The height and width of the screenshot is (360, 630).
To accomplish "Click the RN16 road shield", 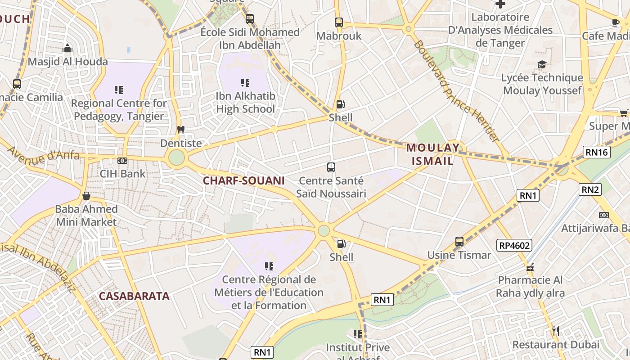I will [x=597, y=152].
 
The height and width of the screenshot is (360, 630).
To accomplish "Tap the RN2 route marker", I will [x=589, y=189].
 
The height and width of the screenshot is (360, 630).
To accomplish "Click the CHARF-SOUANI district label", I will [x=243, y=181].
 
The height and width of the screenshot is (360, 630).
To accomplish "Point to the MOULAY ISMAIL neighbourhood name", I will [x=432, y=154].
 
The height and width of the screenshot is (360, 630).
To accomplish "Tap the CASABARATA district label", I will [x=134, y=296].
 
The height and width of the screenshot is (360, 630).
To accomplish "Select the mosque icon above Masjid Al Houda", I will [x=67, y=48].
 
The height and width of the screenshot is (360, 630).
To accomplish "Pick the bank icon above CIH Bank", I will [x=122, y=161].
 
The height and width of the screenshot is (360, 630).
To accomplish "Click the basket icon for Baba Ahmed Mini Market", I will [x=86, y=196].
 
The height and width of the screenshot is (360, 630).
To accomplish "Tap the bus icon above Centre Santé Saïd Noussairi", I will [x=331, y=167].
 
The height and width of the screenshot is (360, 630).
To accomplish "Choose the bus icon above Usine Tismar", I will [x=459, y=242].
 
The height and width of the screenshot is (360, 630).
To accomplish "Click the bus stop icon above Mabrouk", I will [x=339, y=22].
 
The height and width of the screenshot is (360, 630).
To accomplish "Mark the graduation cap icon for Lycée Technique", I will [x=542, y=65].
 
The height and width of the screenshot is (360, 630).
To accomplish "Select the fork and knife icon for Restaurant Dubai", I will [x=555, y=331].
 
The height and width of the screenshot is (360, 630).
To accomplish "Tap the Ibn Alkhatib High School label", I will [x=245, y=103].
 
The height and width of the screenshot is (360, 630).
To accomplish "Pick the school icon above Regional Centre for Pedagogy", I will [x=119, y=90].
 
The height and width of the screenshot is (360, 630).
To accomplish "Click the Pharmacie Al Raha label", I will [x=530, y=287].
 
